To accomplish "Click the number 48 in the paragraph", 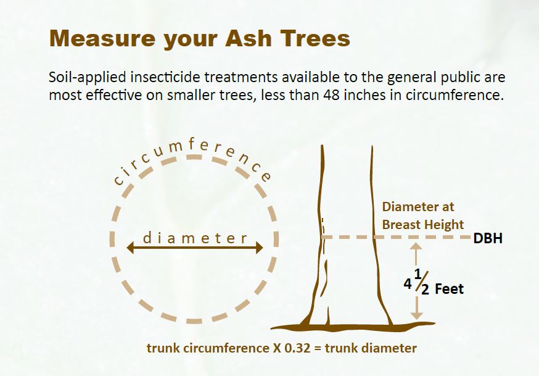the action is (x=331, y=94).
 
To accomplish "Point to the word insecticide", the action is (x=166, y=77).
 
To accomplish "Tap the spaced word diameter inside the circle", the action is (x=195, y=238).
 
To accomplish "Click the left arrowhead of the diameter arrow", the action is (x=130, y=248).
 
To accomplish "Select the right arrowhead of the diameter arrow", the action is (x=260, y=248).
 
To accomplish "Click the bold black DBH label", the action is (x=488, y=238).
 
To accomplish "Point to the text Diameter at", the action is (x=418, y=207).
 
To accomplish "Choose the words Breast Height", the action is (x=423, y=225).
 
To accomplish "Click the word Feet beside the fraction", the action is (x=450, y=289).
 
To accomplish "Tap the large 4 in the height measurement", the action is (x=408, y=284).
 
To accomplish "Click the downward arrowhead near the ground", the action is (x=417, y=315).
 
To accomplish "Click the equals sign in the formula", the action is (x=318, y=348).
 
